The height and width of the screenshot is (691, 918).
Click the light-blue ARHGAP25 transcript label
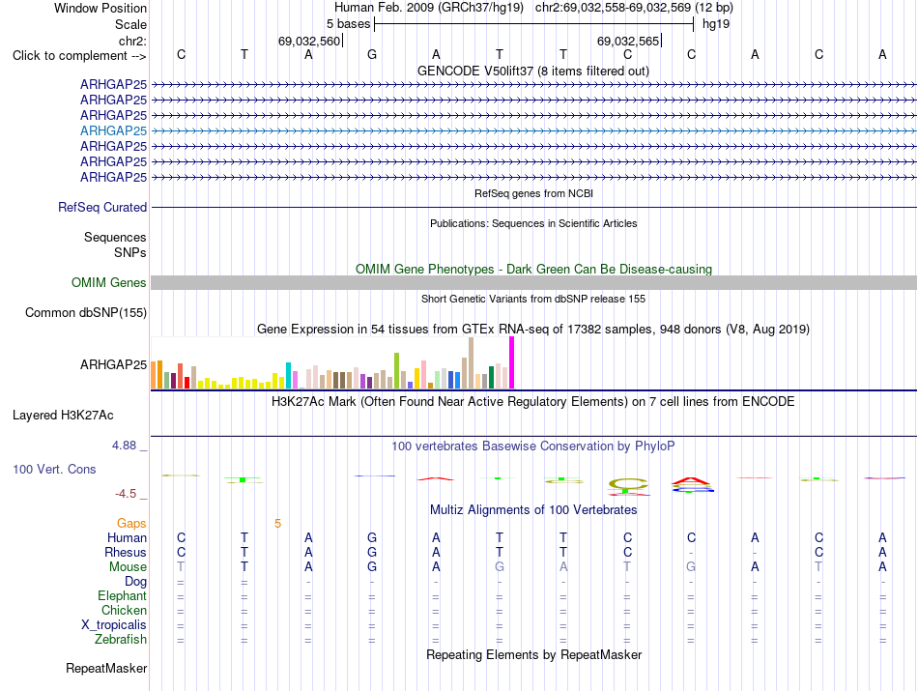click(x=114, y=130)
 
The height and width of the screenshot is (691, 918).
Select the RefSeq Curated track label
click(x=102, y=207)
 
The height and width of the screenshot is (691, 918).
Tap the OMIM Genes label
click(x=109, y=283)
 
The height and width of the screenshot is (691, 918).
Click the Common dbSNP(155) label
click(x=86, y=313)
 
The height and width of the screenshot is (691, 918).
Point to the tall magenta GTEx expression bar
click(x=512, y=362)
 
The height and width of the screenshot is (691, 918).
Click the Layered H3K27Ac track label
click(x=63, y=416)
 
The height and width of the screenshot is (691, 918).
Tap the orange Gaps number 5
click(x=278, y=524)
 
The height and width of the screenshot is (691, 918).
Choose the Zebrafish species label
click(x=121, y=640)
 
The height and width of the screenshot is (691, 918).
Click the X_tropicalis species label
click(x=114, y=625)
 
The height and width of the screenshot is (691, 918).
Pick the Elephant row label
click(x=123, y=596)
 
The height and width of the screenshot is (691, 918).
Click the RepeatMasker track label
click(x=106, y=668)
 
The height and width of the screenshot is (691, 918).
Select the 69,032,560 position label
click(x=309, y=41)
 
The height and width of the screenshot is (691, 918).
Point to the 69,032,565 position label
click(x=627, y=41)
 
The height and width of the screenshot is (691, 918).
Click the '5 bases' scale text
click(x=348, y=24)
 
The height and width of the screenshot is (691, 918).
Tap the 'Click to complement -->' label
click(x=79, y=56)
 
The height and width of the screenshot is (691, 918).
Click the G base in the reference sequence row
click(x=372, y=55)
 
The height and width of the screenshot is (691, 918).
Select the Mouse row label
click(x=128, y=567)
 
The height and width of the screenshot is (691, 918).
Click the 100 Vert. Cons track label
click(x=54, y=469)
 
